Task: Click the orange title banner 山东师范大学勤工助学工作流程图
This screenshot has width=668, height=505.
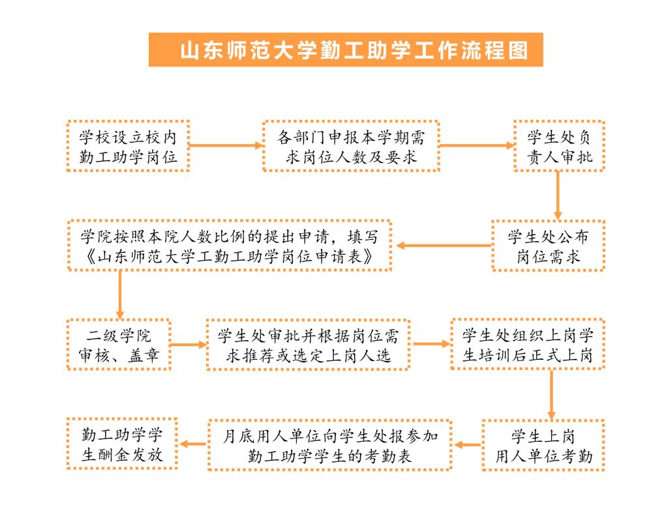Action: click(x=346, y=50)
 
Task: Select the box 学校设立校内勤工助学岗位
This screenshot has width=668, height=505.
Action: click(x=129, y=146)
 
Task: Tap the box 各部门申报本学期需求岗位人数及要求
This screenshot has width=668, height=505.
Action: click(x=351, y=146)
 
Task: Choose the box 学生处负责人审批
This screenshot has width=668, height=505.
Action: click(x=559, y=146)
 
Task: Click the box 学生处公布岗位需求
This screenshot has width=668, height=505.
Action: click(x=548, y=246)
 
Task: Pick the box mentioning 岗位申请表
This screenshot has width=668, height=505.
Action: click(x=230, y=246)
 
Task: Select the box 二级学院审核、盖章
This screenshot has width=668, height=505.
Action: click(x=119, y=345)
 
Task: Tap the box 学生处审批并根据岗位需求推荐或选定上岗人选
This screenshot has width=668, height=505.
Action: click(x=308, y=345)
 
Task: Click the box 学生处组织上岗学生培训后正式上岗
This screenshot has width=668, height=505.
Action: click(x=528, y=344)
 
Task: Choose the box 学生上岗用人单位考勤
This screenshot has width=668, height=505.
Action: click(x=543, y=445)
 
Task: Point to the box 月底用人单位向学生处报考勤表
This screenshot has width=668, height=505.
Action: click(x=329, y=445)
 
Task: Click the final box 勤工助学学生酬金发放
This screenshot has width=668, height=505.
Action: click(x=122, y=444)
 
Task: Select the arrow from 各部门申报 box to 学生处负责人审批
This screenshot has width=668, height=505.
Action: click(x=477, y=145)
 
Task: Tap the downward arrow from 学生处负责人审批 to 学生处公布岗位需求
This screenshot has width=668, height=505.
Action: click(x=558, y=195)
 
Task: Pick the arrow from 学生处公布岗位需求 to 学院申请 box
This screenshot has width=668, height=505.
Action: click(x=444, y=246)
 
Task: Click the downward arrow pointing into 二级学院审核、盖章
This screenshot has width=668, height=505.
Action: click(x=120, y=295)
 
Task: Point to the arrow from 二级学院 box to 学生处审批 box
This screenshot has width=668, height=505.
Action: click(x=189, y=344)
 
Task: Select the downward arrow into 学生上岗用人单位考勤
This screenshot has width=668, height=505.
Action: click(x=551, y=395)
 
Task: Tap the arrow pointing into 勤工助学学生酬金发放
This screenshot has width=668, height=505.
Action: click(x=193, y=444)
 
